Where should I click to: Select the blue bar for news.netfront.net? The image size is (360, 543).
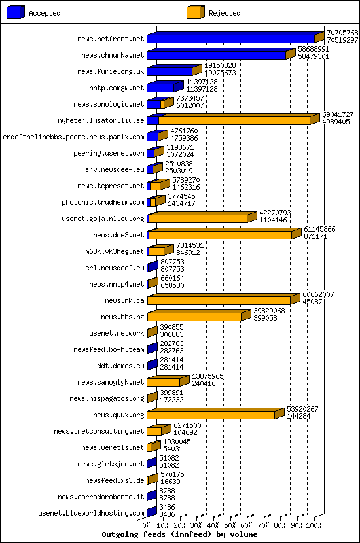230,39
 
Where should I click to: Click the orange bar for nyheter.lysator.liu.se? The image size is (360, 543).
234,120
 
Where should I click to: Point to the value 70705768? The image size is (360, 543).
342,32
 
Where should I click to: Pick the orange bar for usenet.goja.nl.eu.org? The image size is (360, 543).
198,219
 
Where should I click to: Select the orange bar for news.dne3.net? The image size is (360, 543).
221,235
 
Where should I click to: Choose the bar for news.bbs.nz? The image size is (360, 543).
194,317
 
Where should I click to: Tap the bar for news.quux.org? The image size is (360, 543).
211,415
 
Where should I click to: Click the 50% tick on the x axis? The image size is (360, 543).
230,517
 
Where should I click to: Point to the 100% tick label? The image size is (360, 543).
314,525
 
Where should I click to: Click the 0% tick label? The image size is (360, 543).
147,525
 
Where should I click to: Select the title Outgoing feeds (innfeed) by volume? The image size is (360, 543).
179,534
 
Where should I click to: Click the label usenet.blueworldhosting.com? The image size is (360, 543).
91,513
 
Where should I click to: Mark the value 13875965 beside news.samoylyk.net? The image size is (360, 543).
207,376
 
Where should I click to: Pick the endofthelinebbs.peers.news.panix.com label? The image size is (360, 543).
73,137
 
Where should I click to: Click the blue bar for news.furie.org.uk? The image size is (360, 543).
170,71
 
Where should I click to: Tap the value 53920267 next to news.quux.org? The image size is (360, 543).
302,409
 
